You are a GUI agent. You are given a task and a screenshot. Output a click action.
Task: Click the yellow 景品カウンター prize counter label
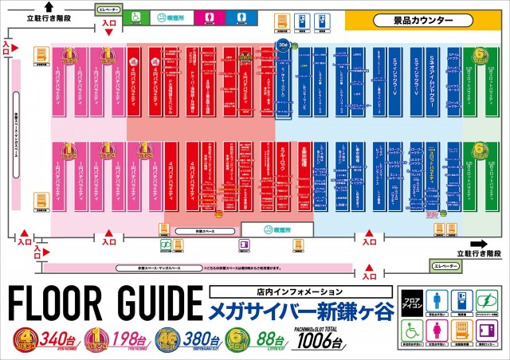point(422,19)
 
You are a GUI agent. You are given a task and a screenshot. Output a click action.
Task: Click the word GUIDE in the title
point(152,303)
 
